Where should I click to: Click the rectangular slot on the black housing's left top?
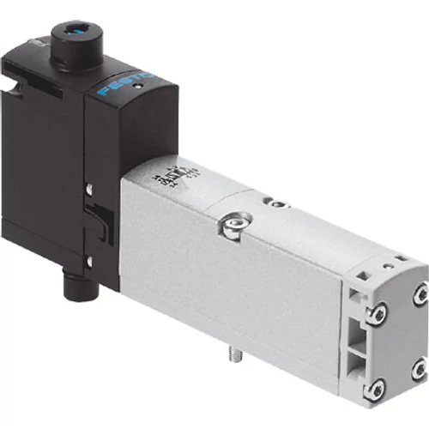point(11,61)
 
